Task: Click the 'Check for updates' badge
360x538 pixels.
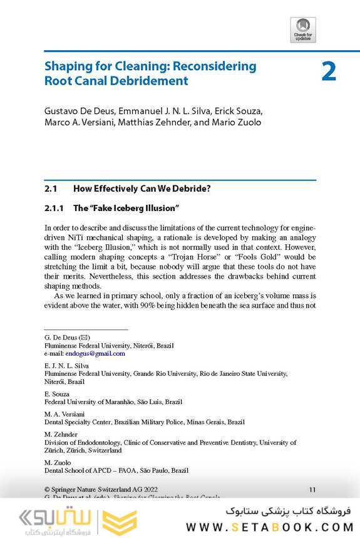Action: coord(303,29)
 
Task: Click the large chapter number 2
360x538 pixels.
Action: coord(329,71)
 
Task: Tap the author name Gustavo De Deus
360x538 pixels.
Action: coord(76,111)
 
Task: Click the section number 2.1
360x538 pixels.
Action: coord(51,188)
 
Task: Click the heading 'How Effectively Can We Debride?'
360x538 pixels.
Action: coord(147,188)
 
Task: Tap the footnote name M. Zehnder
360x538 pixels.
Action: coord(61,434)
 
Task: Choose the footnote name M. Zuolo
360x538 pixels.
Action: coord(58,462)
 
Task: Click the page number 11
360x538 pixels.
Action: coord(312,489)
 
